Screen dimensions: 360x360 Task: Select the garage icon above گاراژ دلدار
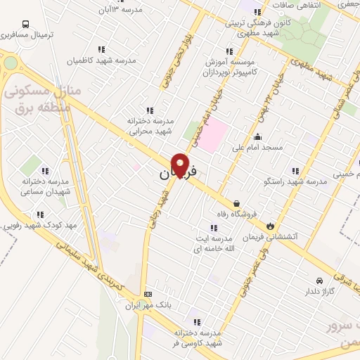coord(319,280)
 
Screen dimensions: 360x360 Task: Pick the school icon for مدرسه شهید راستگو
coord(295,170)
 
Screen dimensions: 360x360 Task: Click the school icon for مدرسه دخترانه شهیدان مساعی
coord(45,171)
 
